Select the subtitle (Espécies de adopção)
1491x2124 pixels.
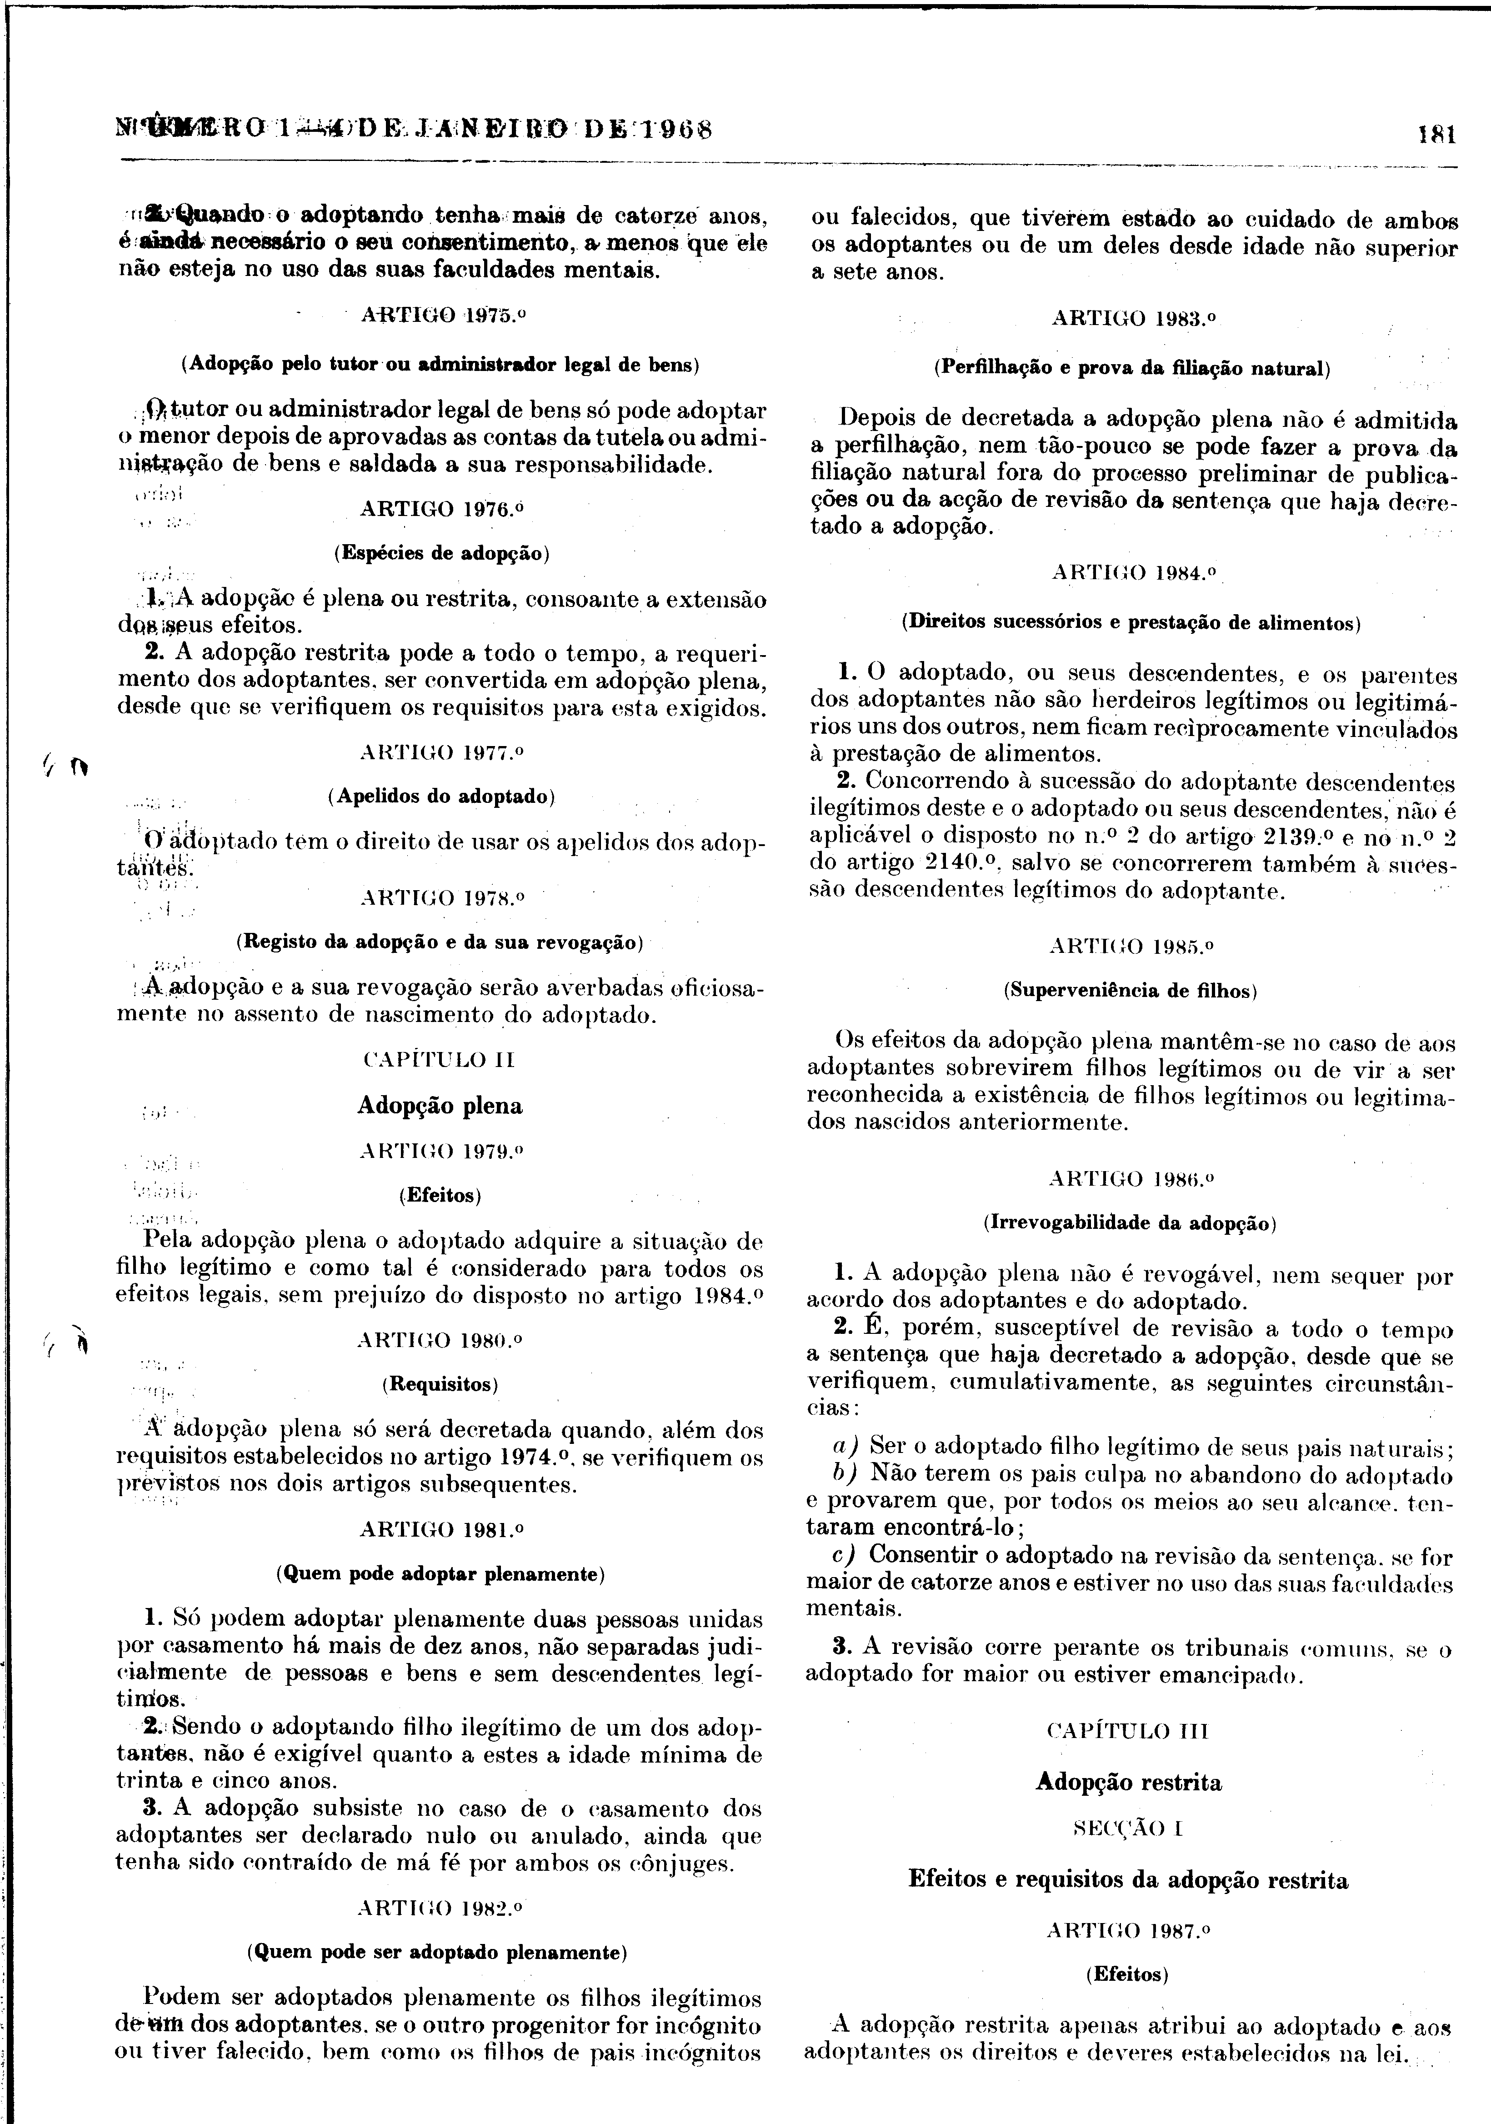click(x=441, y=554)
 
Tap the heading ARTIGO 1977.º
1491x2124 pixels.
click(x=441, y=753)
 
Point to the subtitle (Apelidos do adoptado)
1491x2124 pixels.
click(x=441, y=796)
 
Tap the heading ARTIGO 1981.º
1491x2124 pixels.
click(x=441, y=1530)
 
